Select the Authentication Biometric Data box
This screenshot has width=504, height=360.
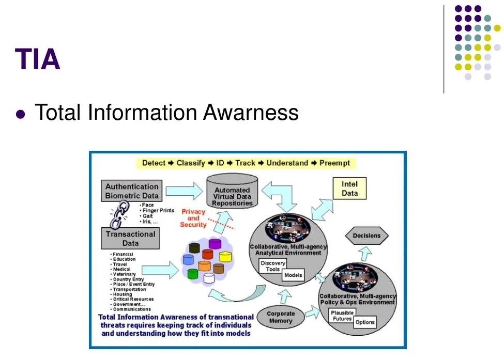click(132, 191)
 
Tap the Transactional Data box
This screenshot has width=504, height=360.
click(130, 238)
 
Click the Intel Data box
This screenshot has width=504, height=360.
click(349, 189)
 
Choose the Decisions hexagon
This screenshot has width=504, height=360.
click(366, 236)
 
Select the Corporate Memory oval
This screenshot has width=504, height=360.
click(281, 317)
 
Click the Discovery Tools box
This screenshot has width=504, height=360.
click(272, 266)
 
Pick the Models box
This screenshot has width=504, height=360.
click(293, 275)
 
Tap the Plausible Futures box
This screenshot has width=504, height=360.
click(342, 315)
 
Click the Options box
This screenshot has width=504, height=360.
click(365, 322)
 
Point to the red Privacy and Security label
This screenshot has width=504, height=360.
click(193, 218)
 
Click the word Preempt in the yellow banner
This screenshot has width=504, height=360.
click(334, 163)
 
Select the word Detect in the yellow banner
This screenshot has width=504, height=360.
click(154, 163)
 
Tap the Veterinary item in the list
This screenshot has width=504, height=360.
click(124, 274)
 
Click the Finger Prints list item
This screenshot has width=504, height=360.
click(158, 211)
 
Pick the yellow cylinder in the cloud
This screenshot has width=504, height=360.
click(225, 256)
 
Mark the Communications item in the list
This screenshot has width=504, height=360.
click(132, 309)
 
